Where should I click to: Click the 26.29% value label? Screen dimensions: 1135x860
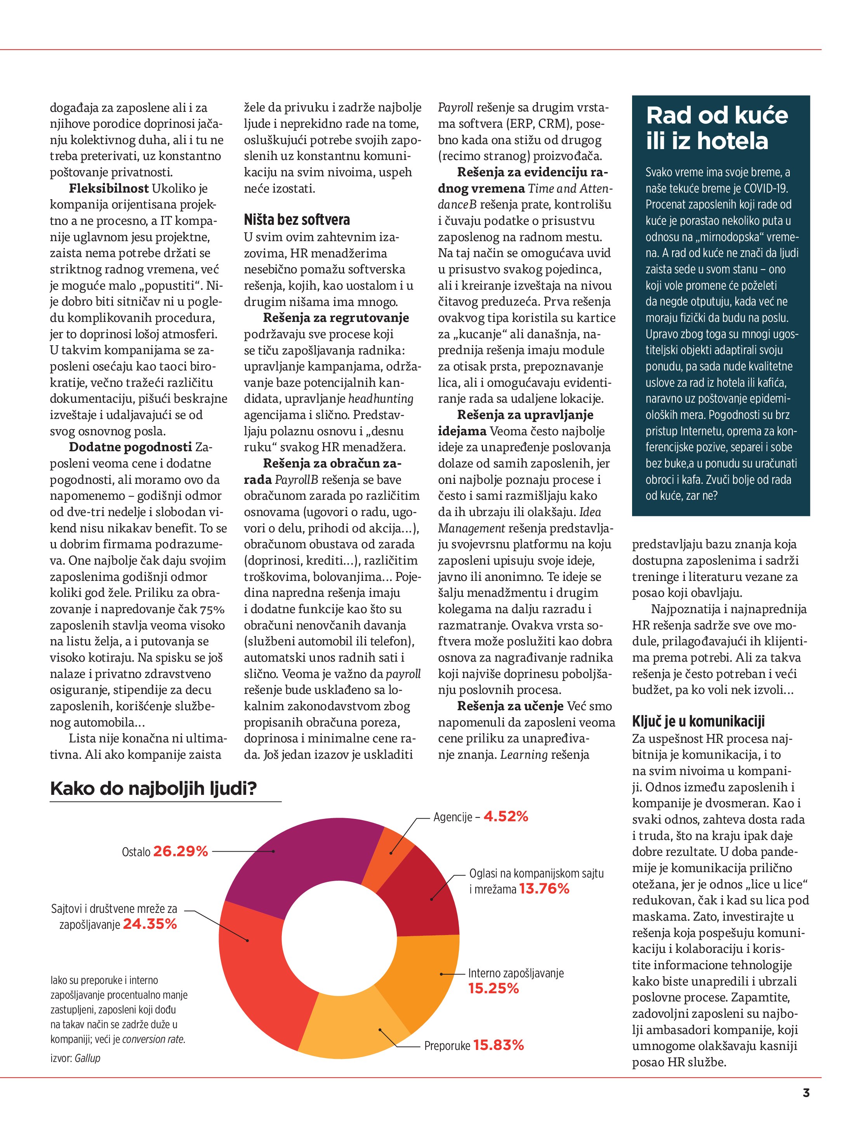point(180,851)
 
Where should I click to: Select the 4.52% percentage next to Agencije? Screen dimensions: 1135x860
point(506,816)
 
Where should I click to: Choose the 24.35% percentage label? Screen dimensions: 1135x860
point(150,924)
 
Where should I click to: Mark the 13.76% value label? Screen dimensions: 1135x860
point(544,889)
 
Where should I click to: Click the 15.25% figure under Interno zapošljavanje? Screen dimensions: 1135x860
point(493,988)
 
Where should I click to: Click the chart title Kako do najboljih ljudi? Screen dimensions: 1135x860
point(153,789)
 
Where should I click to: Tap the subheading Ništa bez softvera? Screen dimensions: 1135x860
point(297,220)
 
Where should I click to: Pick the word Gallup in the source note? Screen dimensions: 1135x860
point(87,1058)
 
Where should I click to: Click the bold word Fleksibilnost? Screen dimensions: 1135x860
point(109,188)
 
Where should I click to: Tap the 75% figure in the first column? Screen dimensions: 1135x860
point(212,609)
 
